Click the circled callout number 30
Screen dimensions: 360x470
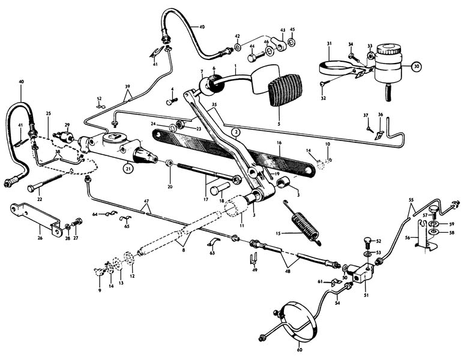[x=415, y=67]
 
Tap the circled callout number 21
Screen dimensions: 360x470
[x=128, y=170]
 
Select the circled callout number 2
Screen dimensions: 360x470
[x=236, y=131]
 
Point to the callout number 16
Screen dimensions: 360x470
[x=279, y=143]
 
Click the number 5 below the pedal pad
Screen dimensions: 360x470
[x=278, y=124]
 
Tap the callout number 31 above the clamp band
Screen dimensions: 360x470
[x=330, y=43]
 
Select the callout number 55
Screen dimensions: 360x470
[x=411, y=199]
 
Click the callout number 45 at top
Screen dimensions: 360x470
[x=292, y=29]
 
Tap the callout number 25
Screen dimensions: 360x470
[x=48, y=113]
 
